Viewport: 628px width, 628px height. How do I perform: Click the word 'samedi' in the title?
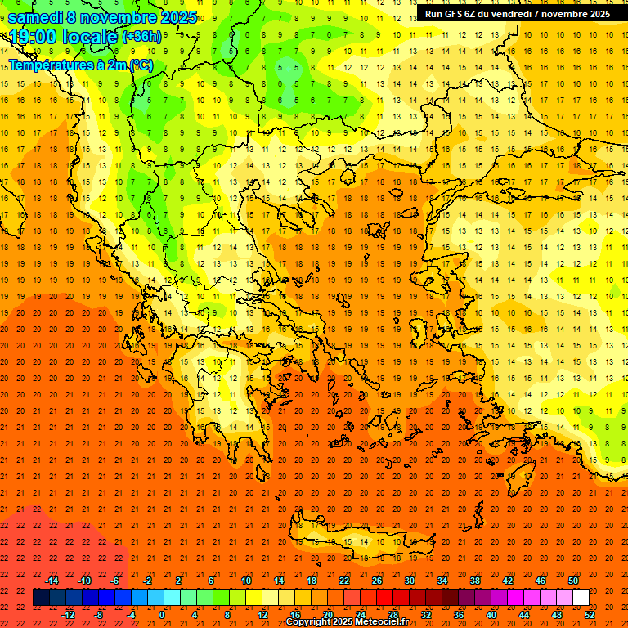[35, 17]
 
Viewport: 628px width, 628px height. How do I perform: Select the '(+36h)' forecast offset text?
[141, 37]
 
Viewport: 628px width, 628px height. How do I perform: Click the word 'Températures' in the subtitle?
[52, 65]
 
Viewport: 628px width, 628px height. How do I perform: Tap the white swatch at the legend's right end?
[581, 598]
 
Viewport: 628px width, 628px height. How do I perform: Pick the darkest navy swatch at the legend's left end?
[41, 598]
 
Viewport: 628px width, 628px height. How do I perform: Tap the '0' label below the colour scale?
[162, 615]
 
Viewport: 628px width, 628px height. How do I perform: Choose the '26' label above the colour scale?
[376, 581]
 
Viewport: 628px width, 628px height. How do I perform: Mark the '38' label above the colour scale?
[474, 581]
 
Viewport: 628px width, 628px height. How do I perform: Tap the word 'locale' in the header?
[90, 37]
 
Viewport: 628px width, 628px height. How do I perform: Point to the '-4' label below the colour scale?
[131, 615]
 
